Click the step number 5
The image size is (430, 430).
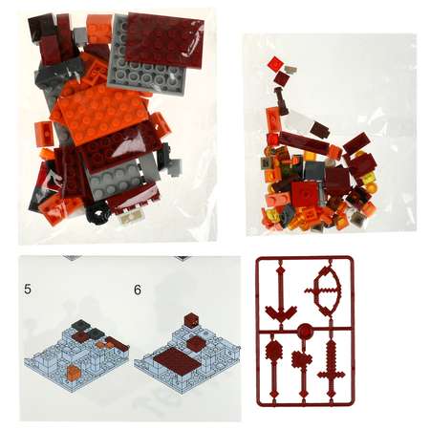(x=28, y=290)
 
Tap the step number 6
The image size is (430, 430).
(x=138, y=290)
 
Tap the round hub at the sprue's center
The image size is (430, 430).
(x=305, y=331)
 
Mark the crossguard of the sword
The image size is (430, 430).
(x=331, y=375)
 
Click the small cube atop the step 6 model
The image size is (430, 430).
(x=191, y=320)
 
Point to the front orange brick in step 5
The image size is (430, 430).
(x=74, y=372)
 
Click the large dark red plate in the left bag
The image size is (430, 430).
(x=164, y=40)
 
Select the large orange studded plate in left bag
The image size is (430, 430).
(x=101, y=114)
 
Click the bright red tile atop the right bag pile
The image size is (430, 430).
(x=275, y=64)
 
